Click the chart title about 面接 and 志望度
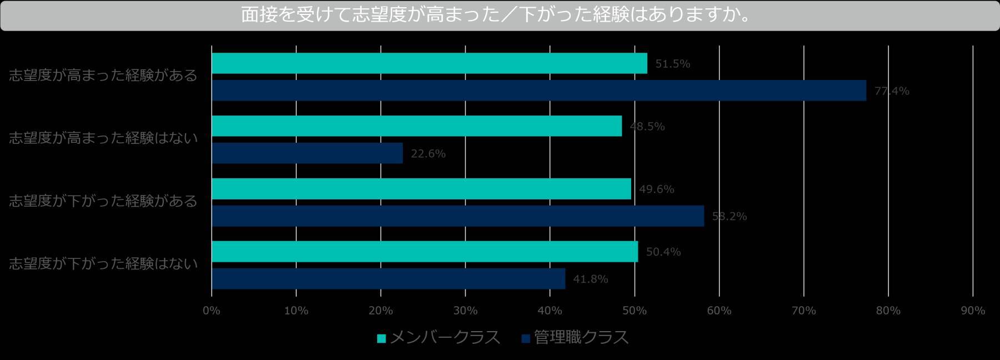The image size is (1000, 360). coord(496,15)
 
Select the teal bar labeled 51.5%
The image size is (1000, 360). coord(429,63)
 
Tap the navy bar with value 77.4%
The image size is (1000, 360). coord(538,91)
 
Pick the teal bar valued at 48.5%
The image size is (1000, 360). coord(416,126)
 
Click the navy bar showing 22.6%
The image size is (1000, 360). coord(307,153)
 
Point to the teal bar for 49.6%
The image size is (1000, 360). coord(421,189)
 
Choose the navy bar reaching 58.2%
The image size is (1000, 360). coord(457,216)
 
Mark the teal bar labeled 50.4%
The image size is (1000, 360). coord(424,252)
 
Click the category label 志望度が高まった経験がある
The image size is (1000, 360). coord(103,76)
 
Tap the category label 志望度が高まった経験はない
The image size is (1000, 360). coord(103,138)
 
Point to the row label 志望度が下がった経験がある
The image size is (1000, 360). coord(103,201)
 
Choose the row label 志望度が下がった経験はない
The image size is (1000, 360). coord(103,264)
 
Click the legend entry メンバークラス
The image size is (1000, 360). coord(439,338)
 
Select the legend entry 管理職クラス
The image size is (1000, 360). coord(575,338)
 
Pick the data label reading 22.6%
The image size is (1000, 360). coord(428,154)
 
